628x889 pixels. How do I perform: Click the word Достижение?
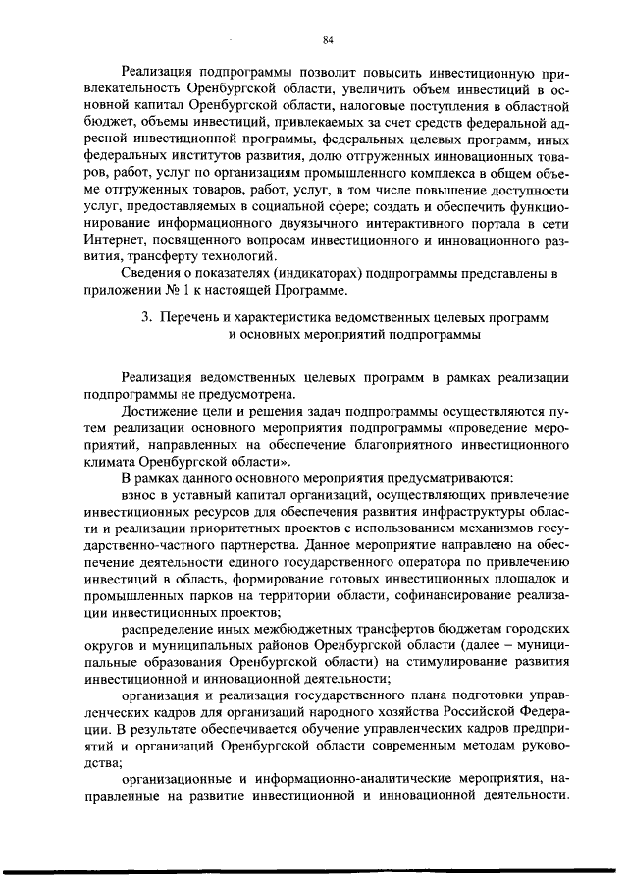[x=160, y=414]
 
